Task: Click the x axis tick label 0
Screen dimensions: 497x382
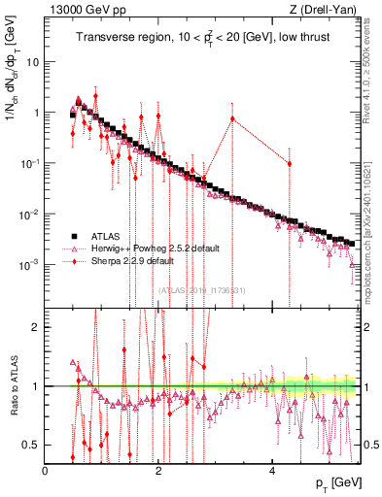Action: point(46,471)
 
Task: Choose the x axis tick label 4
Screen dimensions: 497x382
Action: point(272,471)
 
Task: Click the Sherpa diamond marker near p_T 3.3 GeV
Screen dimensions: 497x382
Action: point(232,118)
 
